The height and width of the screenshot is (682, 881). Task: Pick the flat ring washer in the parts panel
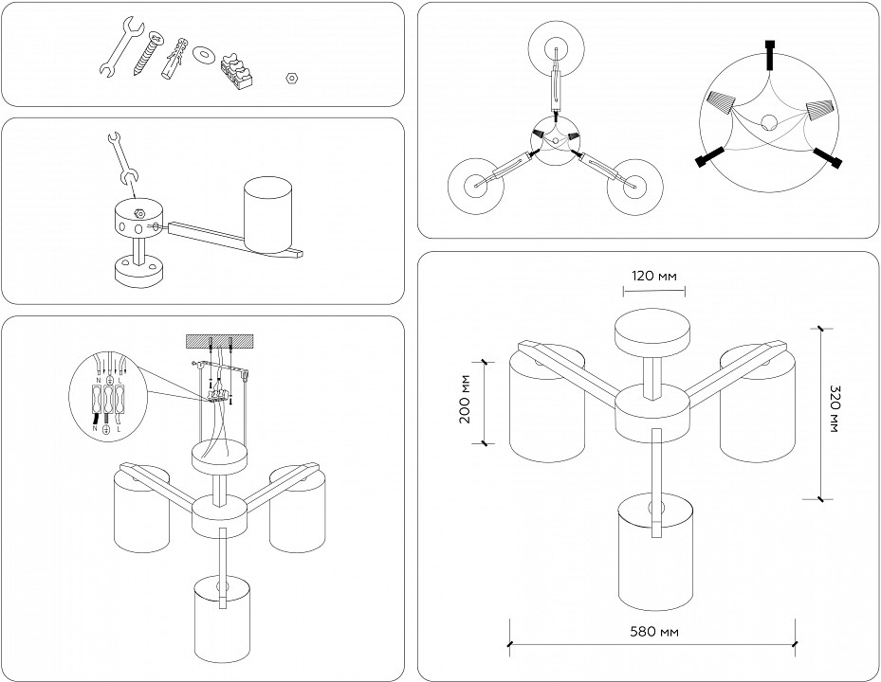coord(202,54)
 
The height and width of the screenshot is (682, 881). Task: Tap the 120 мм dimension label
coord(655,277)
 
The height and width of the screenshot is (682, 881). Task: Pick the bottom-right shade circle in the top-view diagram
coord(633,186)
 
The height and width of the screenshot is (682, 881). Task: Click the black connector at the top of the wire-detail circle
coord(771,54)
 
